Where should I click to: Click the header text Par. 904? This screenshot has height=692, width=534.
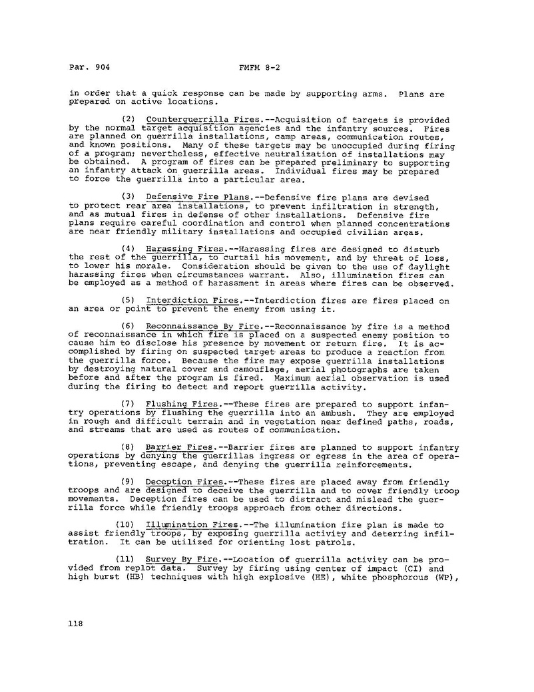coord(89,67)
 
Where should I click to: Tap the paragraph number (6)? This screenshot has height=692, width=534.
coord(131,327)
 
